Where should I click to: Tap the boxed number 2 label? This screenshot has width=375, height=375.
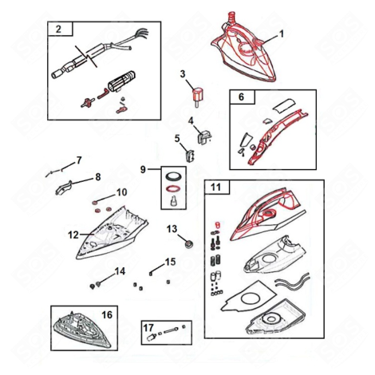(x=58, y=30)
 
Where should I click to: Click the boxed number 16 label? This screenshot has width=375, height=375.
(x=107, y=314)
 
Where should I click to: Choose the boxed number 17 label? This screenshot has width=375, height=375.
(x=148, y=327)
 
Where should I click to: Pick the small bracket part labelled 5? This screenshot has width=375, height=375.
(x=191, y=149)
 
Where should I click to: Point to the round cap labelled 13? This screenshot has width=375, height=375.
(x=189, y=241)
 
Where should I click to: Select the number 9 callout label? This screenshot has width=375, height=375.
(x=144, y=170)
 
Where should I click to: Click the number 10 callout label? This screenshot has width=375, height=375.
(x=122, y=192)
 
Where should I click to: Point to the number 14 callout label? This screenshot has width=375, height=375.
(x=119, y=271)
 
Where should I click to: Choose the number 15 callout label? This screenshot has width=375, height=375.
(x=170, y=262)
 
